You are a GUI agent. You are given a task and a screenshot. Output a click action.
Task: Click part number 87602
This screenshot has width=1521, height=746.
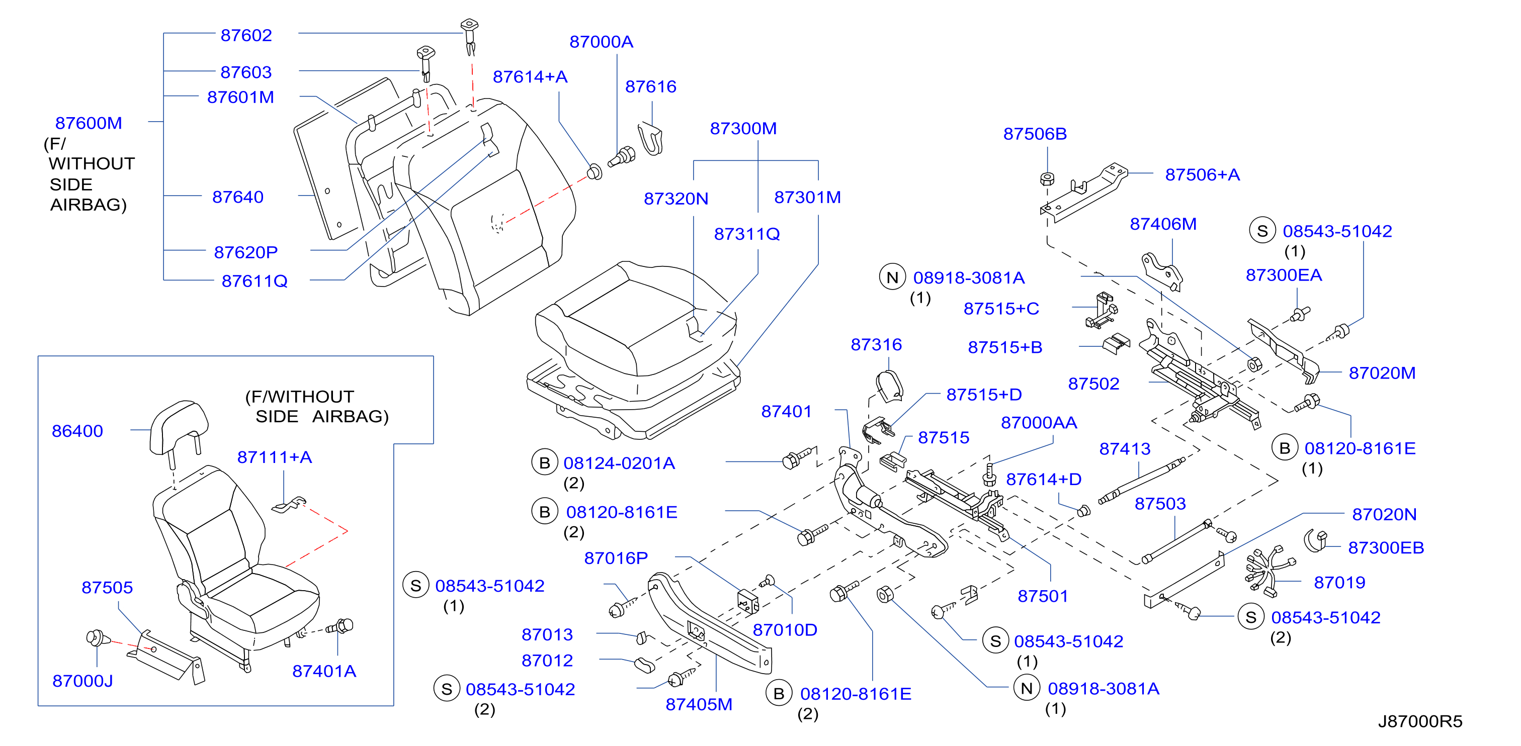(246, 35)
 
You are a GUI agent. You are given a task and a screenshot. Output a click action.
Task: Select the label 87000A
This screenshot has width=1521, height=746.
(601, 42)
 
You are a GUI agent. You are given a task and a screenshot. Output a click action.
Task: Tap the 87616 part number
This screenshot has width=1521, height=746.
(651, 87)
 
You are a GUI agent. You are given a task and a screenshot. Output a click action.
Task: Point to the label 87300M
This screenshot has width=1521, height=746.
(743, 129)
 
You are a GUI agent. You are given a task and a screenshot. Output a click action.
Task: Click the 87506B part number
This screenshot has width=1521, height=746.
(1035, 134)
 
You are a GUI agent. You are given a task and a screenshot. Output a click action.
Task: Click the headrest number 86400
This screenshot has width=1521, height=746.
(77, 431)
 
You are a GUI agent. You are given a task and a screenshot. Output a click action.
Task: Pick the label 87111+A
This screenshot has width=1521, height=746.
(275, 457)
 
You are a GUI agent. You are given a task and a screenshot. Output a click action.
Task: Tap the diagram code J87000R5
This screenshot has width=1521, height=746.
(1420, 721)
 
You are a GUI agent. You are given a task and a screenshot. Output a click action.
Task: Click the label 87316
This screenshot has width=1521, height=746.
(876, 345)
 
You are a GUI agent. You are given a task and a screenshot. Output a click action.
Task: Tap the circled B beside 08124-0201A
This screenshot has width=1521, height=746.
(544, 462)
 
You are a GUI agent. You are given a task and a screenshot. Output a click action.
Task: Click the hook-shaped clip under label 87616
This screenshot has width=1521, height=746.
(651, 139)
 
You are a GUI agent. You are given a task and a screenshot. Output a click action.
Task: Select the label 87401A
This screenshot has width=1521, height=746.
(324, 672)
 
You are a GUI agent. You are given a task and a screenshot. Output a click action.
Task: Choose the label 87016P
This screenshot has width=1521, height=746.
(616, 558)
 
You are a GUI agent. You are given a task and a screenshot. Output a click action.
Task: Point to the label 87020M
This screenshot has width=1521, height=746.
(1382, 373)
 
